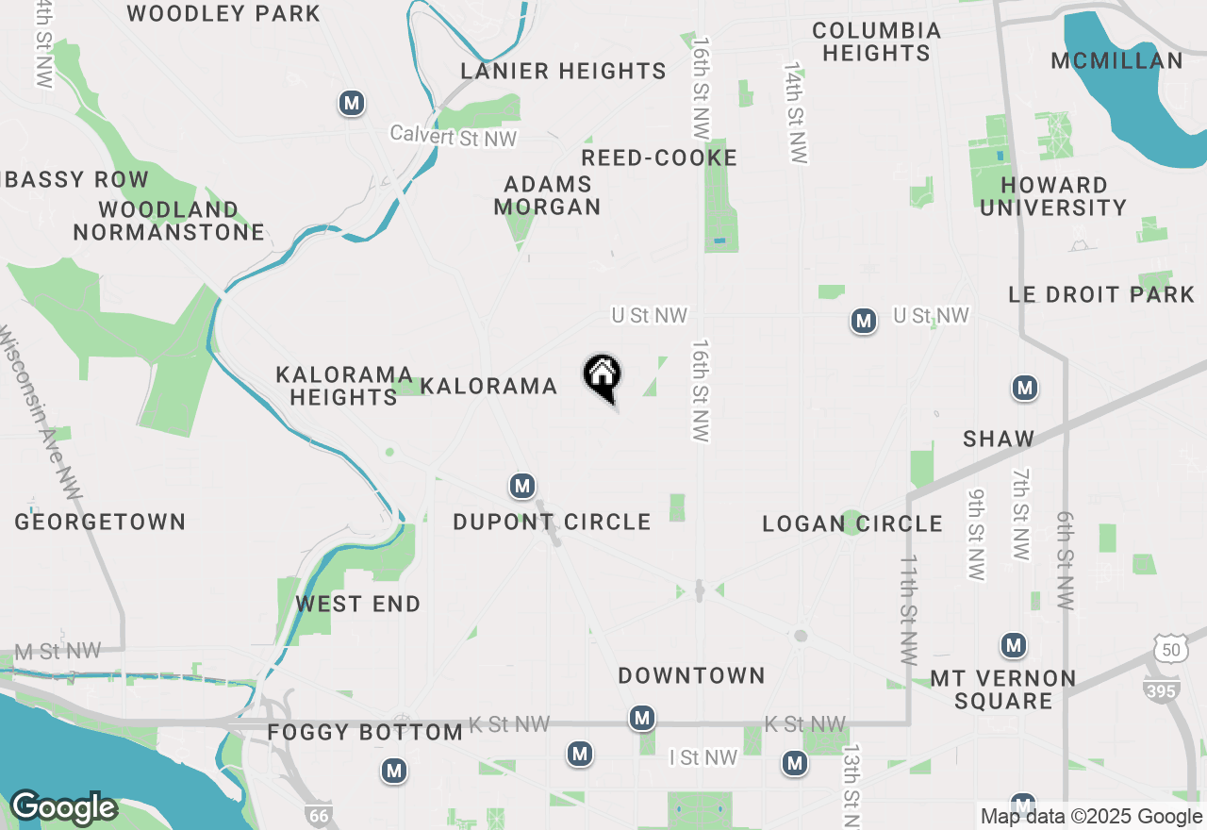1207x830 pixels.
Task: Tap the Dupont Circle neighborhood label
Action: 552,522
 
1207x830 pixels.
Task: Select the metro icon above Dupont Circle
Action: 521,486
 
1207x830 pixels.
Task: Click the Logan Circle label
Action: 852,523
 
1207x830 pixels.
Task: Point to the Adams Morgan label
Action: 547,195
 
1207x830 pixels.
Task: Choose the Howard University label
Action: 1053,196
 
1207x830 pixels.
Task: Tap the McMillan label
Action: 1116,61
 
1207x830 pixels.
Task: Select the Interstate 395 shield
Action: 1161,689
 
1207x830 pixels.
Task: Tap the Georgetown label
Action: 100,522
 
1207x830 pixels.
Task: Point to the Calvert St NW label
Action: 455,137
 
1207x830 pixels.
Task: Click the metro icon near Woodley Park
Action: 352,103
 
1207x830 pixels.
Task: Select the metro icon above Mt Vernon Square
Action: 1014,645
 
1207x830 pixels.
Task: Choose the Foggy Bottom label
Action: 365,732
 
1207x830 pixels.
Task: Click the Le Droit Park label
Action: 1101,294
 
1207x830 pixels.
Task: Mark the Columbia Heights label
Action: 876,42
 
